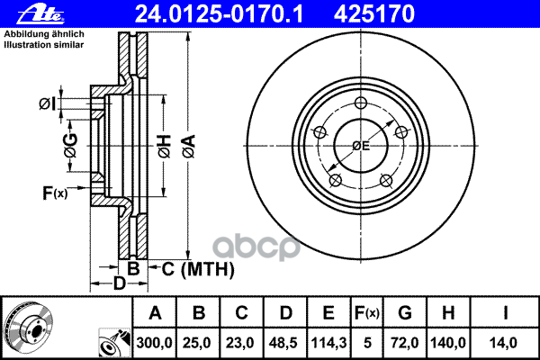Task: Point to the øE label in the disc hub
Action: pos(360,145)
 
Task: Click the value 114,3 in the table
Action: pos(328,343)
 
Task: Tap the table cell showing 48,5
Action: pos(285,343)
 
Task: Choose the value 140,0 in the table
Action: pos(450,343)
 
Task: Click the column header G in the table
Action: pos(406,314)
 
